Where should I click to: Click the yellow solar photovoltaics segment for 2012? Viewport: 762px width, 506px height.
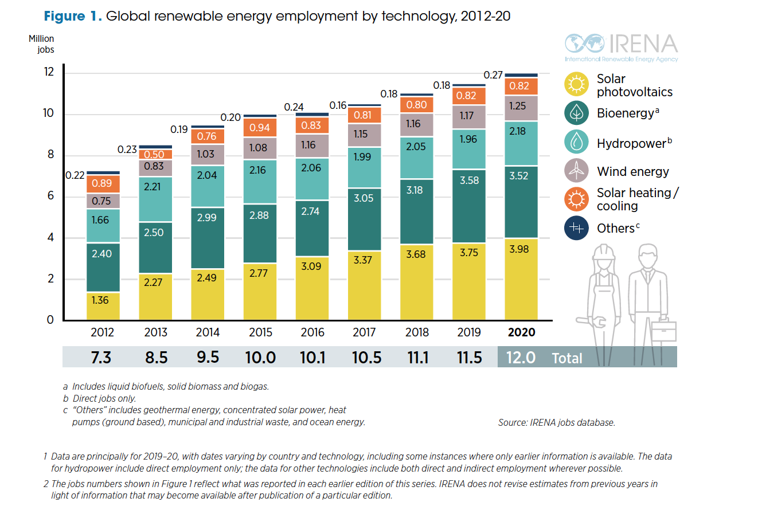pyautogui.click(x=103, y=306)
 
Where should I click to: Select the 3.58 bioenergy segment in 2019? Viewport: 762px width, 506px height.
pyautogui.click(x=469, y=206)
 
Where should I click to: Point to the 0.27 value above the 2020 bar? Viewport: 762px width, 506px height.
pyautogui.click(x=493, y=74)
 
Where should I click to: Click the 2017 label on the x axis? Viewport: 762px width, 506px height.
pyautogui.click(x=364, y=333)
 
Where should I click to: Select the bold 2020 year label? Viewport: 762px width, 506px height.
pyautogui.click(x=521, y=333)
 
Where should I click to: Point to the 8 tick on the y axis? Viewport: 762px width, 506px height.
pyautogui.click(x=50, y=155)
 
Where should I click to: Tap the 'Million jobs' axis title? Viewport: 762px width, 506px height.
pyautogui.click(x=41, y=44)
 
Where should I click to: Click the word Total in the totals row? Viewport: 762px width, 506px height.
pyautogui.click(x=566, y=359)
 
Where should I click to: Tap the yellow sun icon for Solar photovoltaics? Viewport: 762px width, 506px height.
pyautogui.click(x=576, y=85)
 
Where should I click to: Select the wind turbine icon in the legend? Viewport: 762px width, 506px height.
pyautogui.click(x=576, y=171)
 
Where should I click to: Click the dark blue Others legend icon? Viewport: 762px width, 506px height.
pyautogui.click(x=576, y=228)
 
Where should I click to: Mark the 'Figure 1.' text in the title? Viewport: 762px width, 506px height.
pyautogui.click(x=73, y=16)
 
